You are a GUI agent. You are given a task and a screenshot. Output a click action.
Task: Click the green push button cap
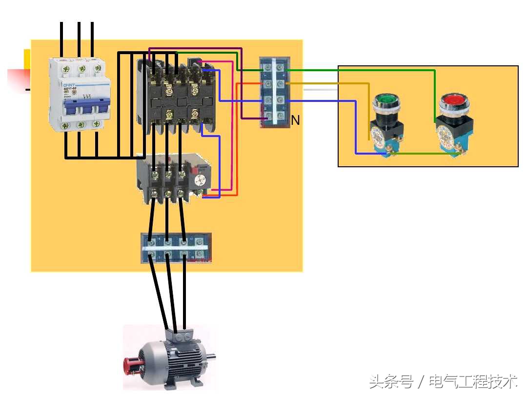click(386, 102)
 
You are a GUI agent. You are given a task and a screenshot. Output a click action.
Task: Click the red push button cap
click(453, 101)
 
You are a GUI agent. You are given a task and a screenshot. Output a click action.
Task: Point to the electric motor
click(168, 358)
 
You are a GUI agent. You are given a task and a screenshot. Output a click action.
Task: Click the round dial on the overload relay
click(200, 181)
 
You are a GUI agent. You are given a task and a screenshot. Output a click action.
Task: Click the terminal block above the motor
click(176, 248)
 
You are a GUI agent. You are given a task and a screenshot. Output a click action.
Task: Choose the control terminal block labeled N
click(275, 93)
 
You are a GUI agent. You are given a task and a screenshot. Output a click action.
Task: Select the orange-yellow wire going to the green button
click(342, 84)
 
